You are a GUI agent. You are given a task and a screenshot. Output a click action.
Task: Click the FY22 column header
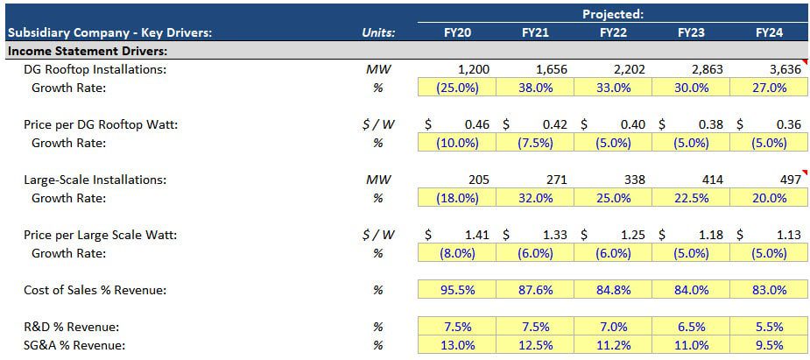coord(613,33)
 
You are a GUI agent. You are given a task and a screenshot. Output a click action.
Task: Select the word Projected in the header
coord(613,13)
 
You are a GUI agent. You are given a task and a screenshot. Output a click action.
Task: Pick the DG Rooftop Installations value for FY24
coord(782,69)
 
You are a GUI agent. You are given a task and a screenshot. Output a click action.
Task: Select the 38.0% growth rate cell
coord(535,88)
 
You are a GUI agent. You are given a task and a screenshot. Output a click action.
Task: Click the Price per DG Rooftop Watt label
coord(101,124)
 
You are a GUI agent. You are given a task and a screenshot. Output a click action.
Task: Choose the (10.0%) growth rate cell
coord(457,143)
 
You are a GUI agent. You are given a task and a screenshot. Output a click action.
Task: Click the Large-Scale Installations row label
coord(95,180)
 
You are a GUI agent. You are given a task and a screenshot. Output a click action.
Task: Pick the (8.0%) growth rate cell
coord(457,253)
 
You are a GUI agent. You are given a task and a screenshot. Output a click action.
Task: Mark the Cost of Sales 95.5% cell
coord(457,290)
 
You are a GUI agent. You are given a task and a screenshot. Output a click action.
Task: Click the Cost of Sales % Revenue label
coord(95,290)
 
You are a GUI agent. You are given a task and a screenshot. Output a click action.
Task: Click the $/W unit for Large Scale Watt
coord(378,235)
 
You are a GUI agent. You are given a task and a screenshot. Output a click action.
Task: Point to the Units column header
coord(378,33)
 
